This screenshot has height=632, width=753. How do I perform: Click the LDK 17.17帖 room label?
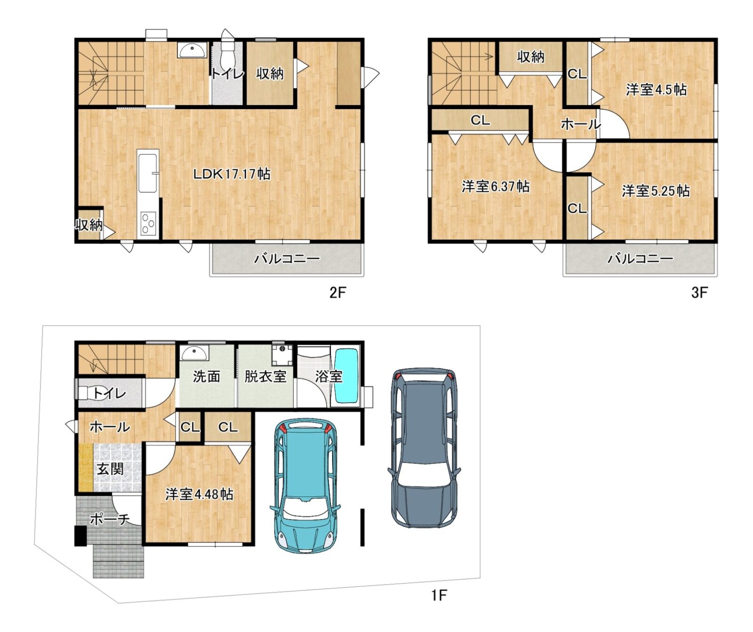tap(232, 174)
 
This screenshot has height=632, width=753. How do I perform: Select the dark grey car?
tap(424, 448)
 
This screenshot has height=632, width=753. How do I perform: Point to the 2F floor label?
tap(337, 292)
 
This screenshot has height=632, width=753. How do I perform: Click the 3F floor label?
tap(699, 292)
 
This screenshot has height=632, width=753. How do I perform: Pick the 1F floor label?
tap(439, 595)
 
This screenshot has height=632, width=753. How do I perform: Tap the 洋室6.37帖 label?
tap(496, 186)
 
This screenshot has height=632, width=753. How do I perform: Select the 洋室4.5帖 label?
tap(656, 89)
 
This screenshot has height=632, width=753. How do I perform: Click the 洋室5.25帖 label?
tap(656, 191)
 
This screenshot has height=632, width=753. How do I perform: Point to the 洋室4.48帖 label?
tap(199, 494)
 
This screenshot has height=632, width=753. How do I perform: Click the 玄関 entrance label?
tap(110, 469)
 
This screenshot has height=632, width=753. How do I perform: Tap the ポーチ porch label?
tap(110, 519)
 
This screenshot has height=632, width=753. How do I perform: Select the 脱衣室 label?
tap(265, 376)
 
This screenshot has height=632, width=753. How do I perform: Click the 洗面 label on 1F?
tap(207, 376)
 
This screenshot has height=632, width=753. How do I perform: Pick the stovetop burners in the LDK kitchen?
tap(148, 223)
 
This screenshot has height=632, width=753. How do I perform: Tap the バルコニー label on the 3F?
tap(640, 258)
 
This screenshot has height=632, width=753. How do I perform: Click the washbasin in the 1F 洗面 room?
tap(194, 353)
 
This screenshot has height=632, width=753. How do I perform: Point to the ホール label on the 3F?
tap(581, 124)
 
